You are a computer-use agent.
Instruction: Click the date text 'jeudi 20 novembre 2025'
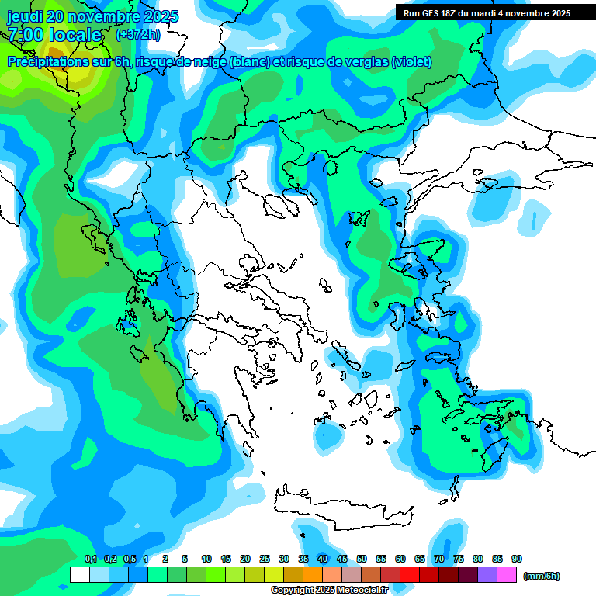[x=92, y=16]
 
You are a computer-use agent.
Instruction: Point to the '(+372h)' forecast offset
[x=138, y=35]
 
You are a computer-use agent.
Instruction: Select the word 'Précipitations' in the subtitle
[x=46, y=61]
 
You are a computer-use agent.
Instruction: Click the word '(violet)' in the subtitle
[x=412, y=61]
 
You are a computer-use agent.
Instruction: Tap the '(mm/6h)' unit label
[x=541, y=576]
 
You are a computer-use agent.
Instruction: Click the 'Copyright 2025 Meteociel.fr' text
[x=329, y=591]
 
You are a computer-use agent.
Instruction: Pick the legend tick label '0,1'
[x=90, y=559]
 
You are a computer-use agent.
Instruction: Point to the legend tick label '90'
[x=517, y=559]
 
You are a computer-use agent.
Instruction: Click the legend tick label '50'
[x=362, y=559]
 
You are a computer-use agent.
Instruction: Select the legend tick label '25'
[x=265, y=559]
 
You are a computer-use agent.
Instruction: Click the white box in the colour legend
[x=79, y=575]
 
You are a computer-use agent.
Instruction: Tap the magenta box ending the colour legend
[x=507, y=575]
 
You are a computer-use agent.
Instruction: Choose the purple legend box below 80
[x=487, y=575]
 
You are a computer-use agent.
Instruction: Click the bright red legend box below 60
[x=410, y=575]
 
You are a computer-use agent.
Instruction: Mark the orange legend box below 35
[x=313, y=575]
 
